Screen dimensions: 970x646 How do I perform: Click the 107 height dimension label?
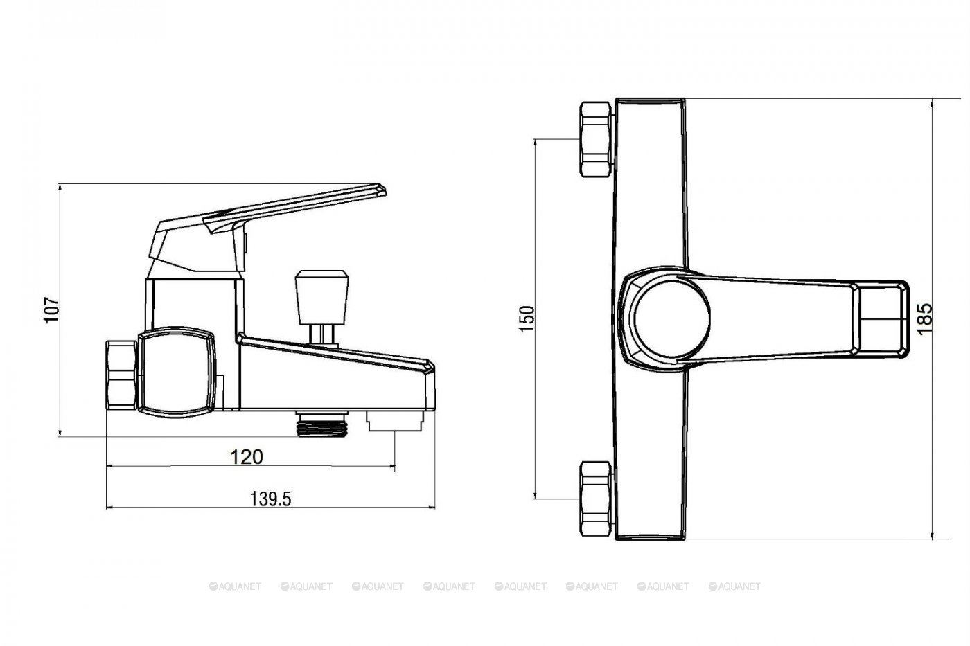tap(52, 309)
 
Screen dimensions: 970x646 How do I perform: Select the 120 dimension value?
tap(246, 457)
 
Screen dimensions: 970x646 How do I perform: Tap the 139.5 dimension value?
tap(271, 499)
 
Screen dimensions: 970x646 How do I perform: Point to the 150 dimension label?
tap(527, 319)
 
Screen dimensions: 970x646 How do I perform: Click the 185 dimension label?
tap(924, 319)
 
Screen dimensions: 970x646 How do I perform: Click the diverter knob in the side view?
tap(321, 297)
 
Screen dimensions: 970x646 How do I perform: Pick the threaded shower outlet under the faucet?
tap(322, 424)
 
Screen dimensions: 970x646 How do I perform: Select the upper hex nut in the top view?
tap(596, 139)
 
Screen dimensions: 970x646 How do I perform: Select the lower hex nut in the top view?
tap(596, 499)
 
